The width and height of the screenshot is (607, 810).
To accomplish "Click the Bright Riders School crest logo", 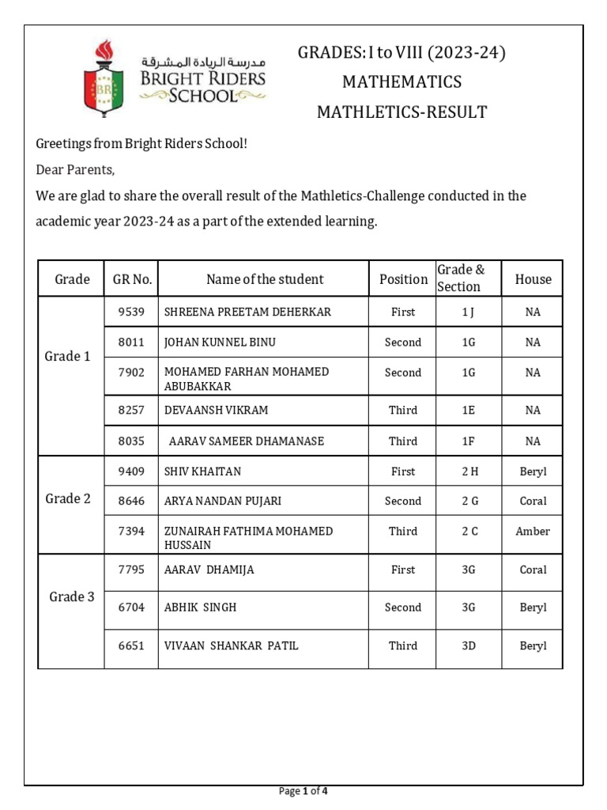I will (x=104, y=78).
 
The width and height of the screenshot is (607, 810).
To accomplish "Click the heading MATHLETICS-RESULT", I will (x=402, y=112).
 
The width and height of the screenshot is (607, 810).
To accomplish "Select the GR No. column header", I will (x=132, y=278).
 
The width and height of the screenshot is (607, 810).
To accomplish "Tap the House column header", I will (x=533, y=278).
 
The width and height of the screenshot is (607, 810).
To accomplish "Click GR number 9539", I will (x=131, y=312).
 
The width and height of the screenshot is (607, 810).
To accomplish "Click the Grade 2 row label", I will (x=68, y=498).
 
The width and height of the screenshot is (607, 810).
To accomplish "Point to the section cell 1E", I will (x=469, y=410).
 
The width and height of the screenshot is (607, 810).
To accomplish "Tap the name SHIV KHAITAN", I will (x=202, y=471).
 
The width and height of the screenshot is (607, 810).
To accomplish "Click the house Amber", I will (x=533, y=532).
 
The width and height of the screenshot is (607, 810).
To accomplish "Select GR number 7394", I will (x=131, y=532).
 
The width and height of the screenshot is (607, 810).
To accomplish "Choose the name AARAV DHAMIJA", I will (x=209, y=570).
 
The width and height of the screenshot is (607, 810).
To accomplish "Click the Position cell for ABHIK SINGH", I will (x=402, y=607).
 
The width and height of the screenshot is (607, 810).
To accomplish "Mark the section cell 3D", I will (x=469, y=645).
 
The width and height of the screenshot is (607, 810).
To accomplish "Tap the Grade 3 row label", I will (x=71, y=596).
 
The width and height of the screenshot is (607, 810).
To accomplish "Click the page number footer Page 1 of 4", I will (x=303, y=791).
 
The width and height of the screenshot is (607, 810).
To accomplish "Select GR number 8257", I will (x=131, y=410).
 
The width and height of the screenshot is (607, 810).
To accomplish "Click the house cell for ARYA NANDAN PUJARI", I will (x=533, y=501).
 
